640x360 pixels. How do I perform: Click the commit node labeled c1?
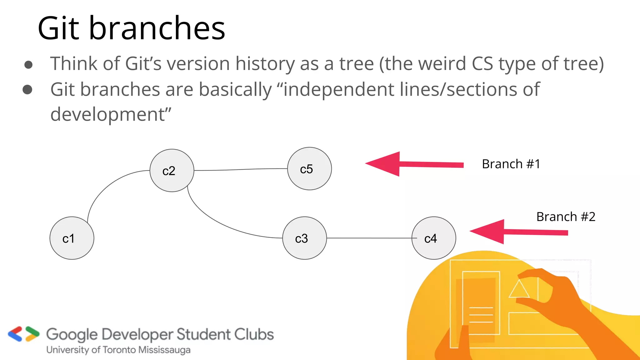72,238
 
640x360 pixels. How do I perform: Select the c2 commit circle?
172,171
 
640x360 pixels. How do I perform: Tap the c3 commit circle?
304,238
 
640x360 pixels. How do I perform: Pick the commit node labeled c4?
434,238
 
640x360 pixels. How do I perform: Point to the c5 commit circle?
309,169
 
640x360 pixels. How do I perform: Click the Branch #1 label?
511,164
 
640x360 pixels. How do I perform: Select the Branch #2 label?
566,217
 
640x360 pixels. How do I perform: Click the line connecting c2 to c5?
241,170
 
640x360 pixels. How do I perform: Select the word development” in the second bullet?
111,114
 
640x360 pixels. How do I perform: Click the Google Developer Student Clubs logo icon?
24,334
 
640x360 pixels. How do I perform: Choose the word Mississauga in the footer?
164,350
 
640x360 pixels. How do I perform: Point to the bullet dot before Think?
28,65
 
